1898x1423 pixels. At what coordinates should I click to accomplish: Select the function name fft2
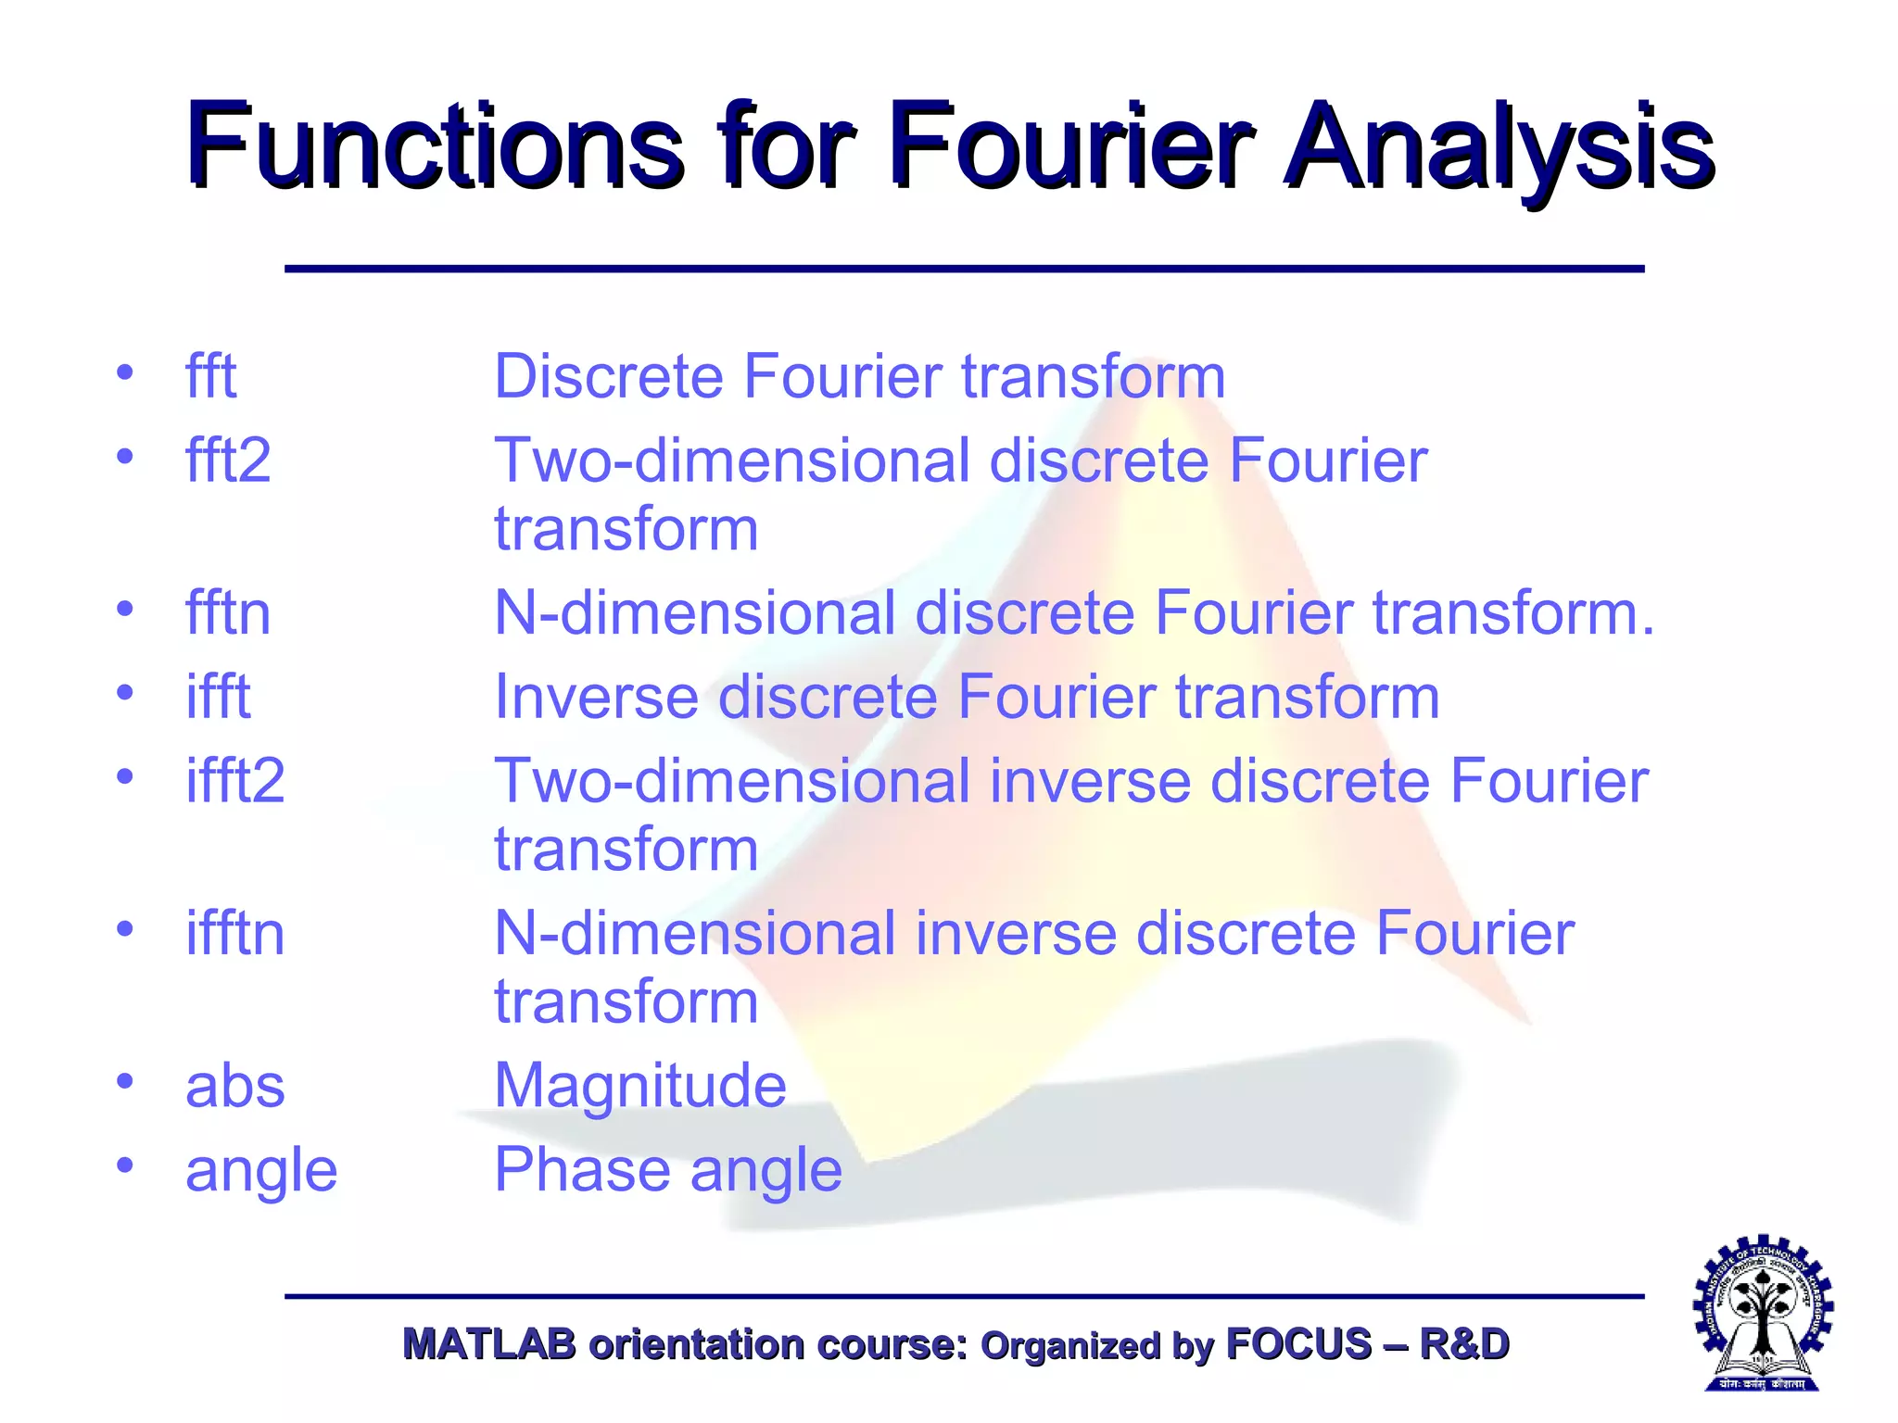click(228, 460)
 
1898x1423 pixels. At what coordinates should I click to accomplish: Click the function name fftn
click(228, 613)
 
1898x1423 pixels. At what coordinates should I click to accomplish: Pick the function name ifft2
click(234, 781)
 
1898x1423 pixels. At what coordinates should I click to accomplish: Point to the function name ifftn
click(234, 933)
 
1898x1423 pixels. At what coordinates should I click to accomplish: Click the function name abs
click(234, 1086)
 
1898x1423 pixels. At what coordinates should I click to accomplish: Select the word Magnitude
click(640, 1086)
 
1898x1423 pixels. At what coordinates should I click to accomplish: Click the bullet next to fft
click(125, 372)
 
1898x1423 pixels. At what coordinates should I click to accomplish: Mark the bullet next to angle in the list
click(125, 1165)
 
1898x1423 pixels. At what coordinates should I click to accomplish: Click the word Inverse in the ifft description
click(596, 697)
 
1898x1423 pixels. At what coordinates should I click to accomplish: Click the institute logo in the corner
click(1763, 1312)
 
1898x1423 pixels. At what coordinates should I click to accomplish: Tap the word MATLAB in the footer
click(488, 1344)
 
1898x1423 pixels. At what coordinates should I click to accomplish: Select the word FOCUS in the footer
click(1297, 1344)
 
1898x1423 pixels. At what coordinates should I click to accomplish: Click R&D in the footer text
click(1464, 1344)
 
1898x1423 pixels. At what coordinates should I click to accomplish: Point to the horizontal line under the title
click(964, 269)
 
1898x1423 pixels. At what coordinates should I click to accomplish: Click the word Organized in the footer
click(1069, 1345)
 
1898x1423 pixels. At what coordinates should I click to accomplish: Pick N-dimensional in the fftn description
click(695, 613)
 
